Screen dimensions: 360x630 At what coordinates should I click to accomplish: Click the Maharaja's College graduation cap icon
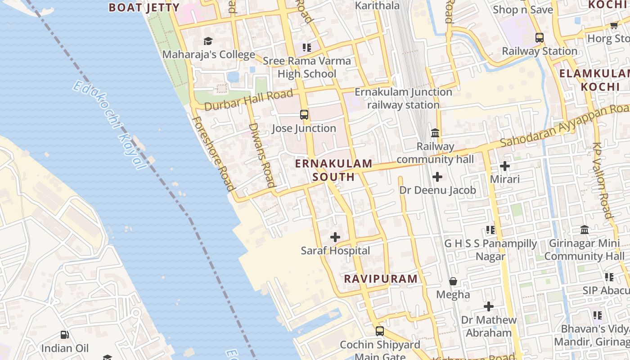pyautogui.click(x=207, y=41)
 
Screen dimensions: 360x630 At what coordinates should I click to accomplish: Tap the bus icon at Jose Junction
pyautogui.click(x=304, y=115)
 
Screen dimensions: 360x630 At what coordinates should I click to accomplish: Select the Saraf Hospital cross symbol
pyautogui.click(x=335, y=237)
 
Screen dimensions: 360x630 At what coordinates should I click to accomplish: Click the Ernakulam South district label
pyautogui.click(x=333, y=170)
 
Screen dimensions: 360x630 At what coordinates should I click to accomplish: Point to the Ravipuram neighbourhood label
pyautogui.click(x=381, y=279)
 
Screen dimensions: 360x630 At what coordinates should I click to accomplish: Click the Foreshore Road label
pyautogui.click(x=213, y=153)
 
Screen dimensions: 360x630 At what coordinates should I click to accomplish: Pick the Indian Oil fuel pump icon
pyautogui.click(x=65, y=335)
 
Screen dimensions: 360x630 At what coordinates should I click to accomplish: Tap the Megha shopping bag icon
pyautogui.click(x=453, y=281)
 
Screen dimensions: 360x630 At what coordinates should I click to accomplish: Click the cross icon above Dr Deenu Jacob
pyautogui.click(x=437, y=177)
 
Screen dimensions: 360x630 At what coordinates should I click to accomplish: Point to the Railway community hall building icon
pyautogui.click(x=435, y=133)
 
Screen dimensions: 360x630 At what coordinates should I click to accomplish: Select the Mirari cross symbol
pyautogui.click(x=505, y=166)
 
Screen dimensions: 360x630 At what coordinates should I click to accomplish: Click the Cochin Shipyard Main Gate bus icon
pyautogui.click(x=380, y=331)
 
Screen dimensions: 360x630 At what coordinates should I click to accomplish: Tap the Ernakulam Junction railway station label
pyautogui.click(x=403, y=98)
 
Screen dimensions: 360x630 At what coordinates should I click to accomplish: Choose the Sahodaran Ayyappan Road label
pyautogui.click(x=565, y=126)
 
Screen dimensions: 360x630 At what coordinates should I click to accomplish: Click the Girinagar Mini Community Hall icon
pyautogui.click(x=585, y=230)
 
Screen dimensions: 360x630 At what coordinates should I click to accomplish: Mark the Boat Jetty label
pyautogui.click(x=144, y=7)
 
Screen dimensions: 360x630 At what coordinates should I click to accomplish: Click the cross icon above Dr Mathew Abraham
pyautogui.click(x=489, y=307)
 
